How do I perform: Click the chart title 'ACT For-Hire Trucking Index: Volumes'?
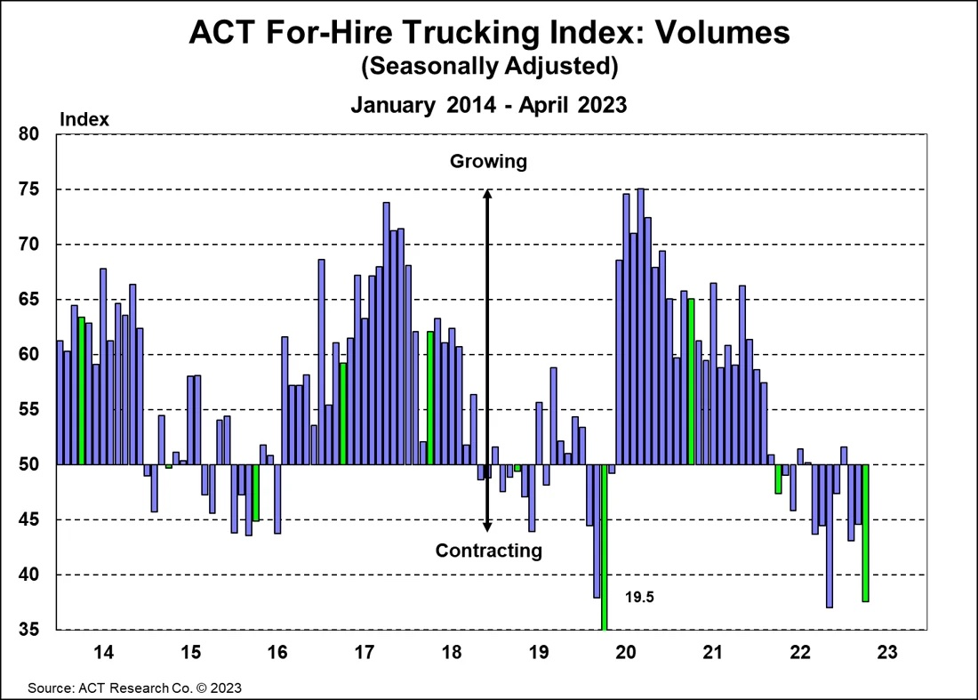[x=488, y=33]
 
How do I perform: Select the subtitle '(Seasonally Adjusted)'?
[x=488, y=67]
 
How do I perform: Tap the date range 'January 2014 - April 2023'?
[x=488, y=105]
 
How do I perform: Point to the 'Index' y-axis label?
[x=84, y=119]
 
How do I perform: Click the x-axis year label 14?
[x=103, y=652]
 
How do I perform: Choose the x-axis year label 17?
[x=365, y=652]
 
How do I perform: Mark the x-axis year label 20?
[x=626, y=652]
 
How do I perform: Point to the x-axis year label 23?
[x=887, y=652]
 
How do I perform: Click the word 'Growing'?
[x=488, y=162]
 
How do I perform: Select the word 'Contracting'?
[x=488, y=551]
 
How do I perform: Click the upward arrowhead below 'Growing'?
[x=487, y=193]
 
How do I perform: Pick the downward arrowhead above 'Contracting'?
[x=487, y=527]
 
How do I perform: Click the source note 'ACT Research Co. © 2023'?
[x=134, y=688]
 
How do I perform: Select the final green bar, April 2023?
[x=865, y=533]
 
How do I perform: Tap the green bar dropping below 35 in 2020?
[x=605, y=547]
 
